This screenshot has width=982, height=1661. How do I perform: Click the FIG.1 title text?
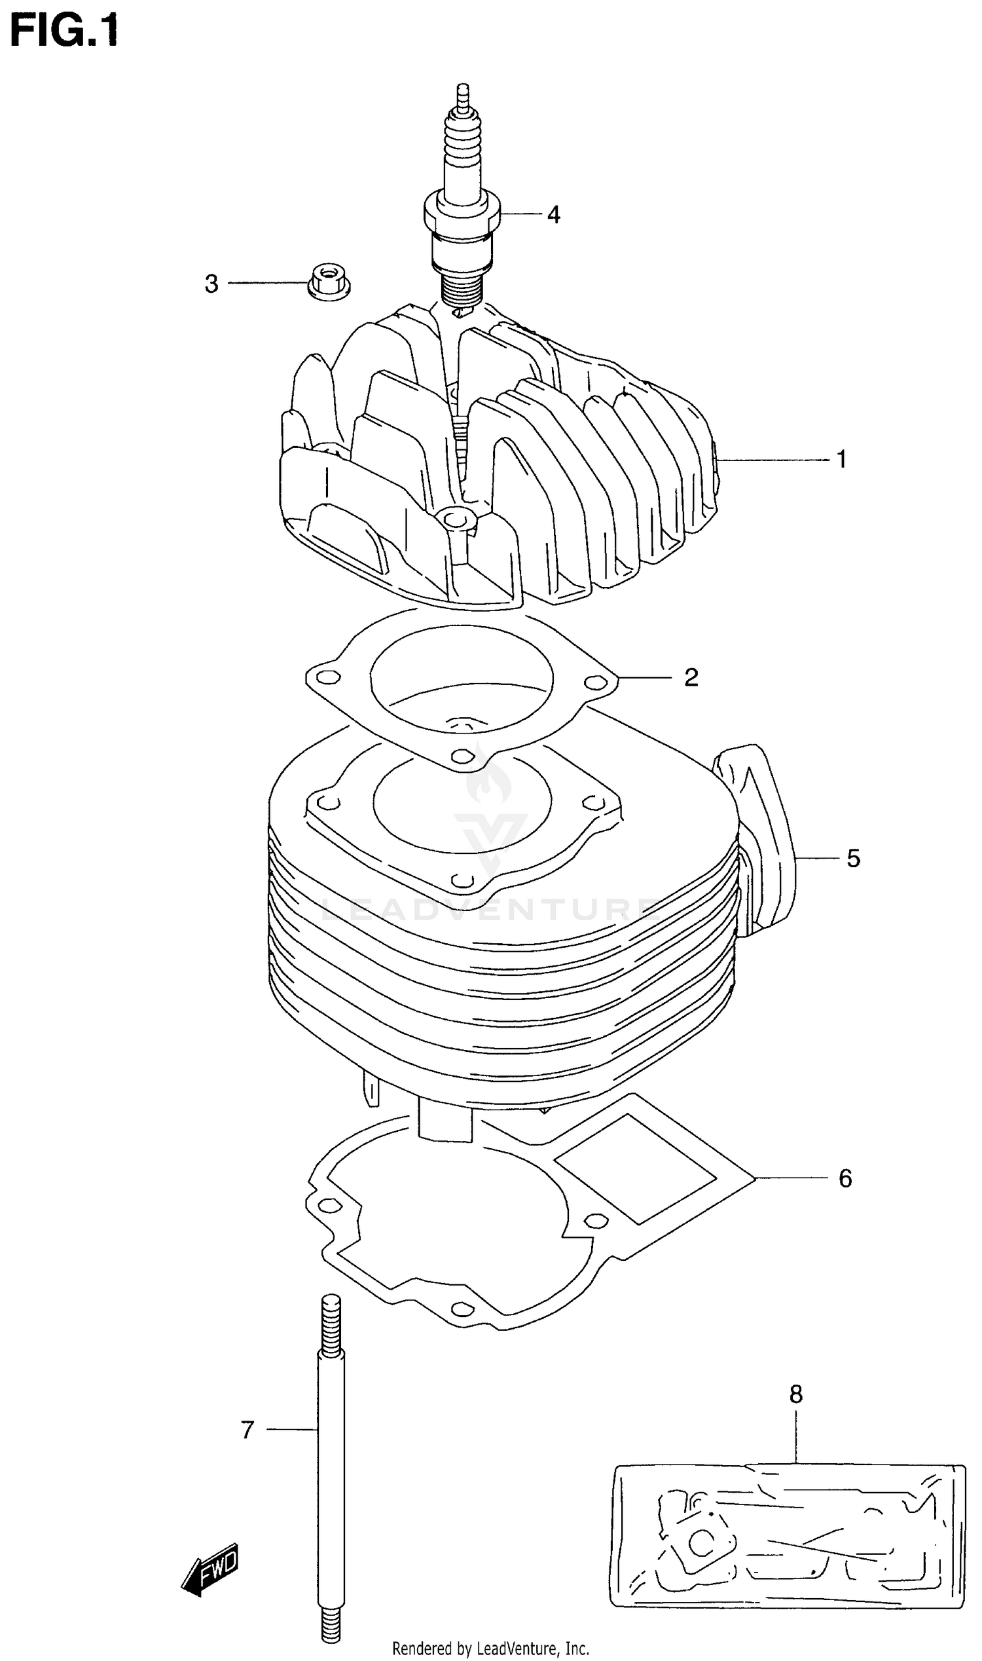[64, 31]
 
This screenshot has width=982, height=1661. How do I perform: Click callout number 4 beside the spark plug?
[554, 214]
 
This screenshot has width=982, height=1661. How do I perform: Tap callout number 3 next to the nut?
[211, 284]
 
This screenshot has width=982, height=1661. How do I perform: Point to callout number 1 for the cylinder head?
[841, 459]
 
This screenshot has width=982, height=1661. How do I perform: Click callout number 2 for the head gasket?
[691, 677]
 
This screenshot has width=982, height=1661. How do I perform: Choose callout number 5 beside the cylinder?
[854, 859]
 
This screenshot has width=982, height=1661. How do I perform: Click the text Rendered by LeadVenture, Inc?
[490, 1649]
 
